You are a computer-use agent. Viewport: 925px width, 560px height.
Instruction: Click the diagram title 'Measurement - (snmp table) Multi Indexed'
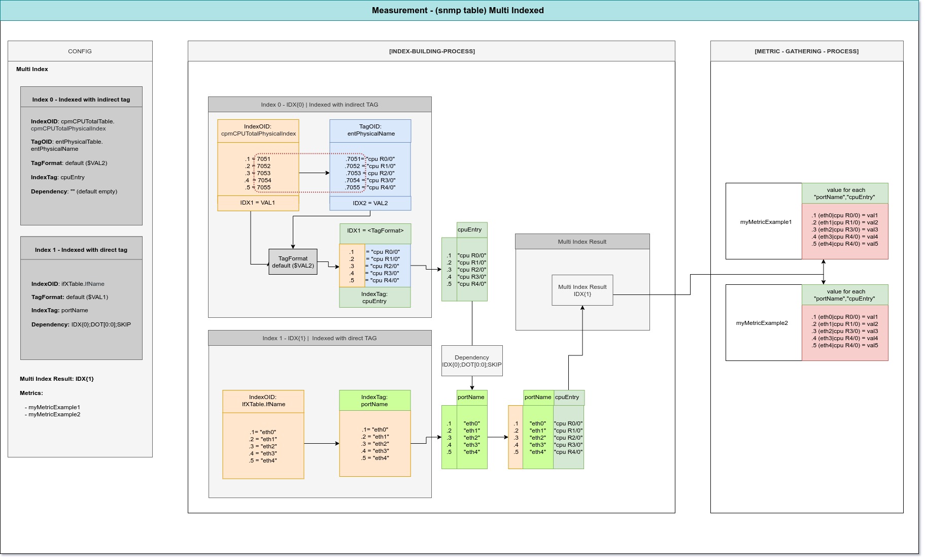pyautogui.click(x=458, y=10)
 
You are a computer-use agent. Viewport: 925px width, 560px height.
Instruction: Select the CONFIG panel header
pyautogui.click(x=80, y=51)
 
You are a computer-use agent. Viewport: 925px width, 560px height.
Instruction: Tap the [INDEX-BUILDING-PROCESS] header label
pyautogui.click(x=432, y=51)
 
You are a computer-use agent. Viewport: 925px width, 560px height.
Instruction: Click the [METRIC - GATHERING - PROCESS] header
pyautogui.click(x=807, y=51)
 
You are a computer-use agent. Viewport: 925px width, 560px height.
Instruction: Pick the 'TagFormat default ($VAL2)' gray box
pyautogui.click(x=293, y=262)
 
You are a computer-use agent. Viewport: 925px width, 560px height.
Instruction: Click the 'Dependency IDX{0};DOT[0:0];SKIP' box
pyautogui.click(x=472, y=361)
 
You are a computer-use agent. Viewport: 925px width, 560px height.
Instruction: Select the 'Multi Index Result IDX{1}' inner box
pyautogui.click(x=583, y=290)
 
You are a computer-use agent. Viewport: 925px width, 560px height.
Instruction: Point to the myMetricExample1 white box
pyautogui.click(x=764, y=221)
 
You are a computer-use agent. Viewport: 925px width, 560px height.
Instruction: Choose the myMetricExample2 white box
pyautogui.click(x=764, y=323)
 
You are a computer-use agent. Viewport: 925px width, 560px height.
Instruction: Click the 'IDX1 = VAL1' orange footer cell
pyautogui.click(x=258, y=203)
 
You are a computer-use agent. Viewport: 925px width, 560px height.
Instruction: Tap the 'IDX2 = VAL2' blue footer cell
pyautogui.click(x=370, y=204)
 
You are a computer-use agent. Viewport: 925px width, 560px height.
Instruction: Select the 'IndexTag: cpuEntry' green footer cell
pyautogui.click(x=375, y=298)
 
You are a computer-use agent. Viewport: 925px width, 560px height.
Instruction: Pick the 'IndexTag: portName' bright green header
pyautogui.click(x=375, y=401)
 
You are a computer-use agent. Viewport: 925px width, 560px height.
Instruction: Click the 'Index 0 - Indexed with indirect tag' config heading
pyautogui.click(x=81, y=100)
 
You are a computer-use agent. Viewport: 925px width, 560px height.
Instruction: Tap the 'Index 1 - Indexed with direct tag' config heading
pyautogui.click(x=81, y=250)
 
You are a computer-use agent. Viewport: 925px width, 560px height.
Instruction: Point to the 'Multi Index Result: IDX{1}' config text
pyautogui.click(x=57, y=379)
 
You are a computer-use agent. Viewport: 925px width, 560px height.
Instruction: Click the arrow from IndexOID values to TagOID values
pyautogui.click(x=315, y=173)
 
